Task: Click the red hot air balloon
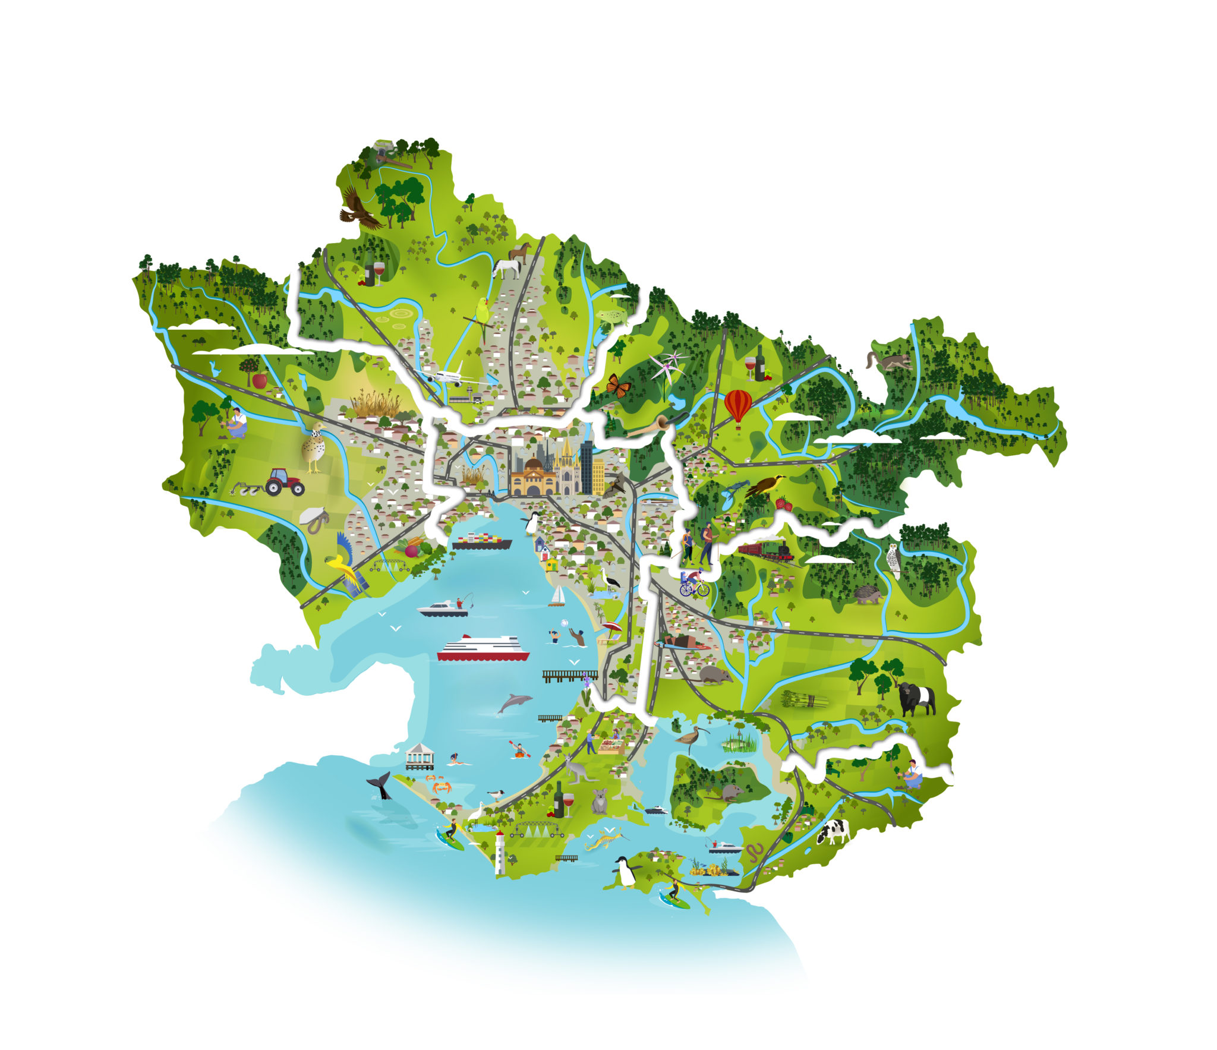pyautogui.click(x=737, y=405)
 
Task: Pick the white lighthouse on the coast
pyautogui.click(x=500, y=853)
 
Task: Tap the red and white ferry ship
pyautogui.click(x=483, y=648)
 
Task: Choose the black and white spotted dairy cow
pyautogui.click(x=834, y=831)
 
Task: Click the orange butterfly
pyautogui.click(x=618, y=386)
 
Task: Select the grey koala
pyautogui.click(x=600, y=802)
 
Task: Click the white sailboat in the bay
pyautogui.click(x=557, y=595)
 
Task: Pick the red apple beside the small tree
pyautogui.click(x=260, y=380)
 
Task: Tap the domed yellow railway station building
pyautogui.click(x=532, y=478)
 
